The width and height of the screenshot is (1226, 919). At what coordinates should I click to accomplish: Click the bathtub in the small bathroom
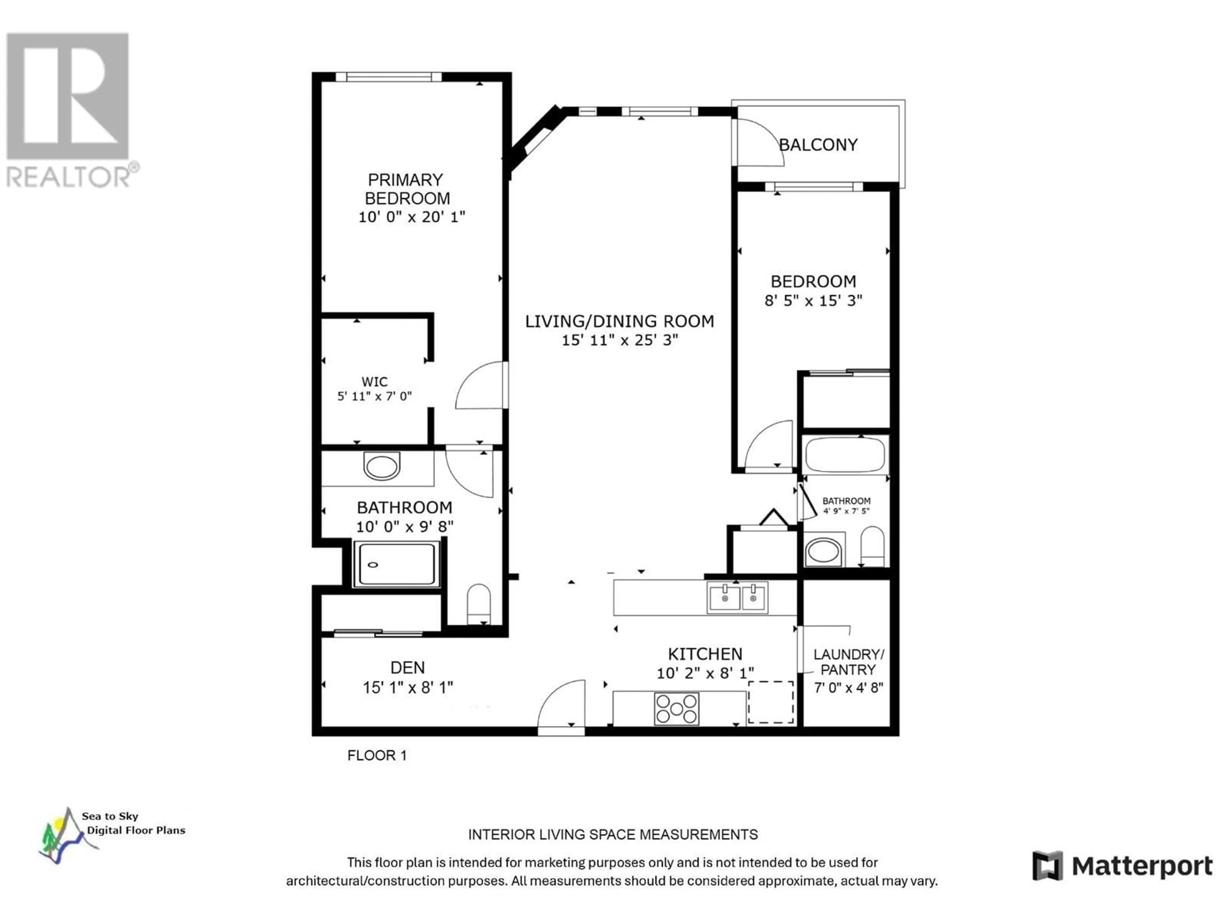[x=845, y=454]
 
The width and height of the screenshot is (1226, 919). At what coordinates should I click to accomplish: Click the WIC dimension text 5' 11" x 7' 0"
[x=375, y=396]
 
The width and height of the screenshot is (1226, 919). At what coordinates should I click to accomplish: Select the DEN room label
[x=408, y=668]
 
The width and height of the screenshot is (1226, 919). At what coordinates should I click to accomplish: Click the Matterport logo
[x=1122, y=866]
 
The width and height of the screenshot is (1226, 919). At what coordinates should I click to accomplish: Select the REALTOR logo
[x=69, y=110]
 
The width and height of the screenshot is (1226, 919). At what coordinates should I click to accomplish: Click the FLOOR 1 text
[x=377, y=756]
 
